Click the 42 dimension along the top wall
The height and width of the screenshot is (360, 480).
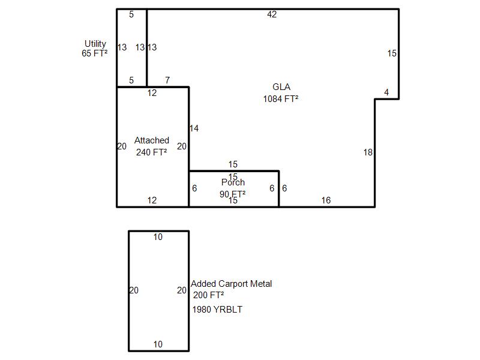pyautogui.click(x=272, y=14)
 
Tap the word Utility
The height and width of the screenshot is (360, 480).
pyautogui.click(x=95, y=44)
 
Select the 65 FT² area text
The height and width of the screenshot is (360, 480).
pyautogui.click(x=95, y=53)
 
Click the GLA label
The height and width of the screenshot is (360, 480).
pyautogui.click(x=281, y=87)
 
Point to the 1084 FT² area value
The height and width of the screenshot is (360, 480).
pyautogui.click(x=281, y=99)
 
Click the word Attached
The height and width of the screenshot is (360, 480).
pyautogui.click(x=152, y=140)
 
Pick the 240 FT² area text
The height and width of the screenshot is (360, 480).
pyautogui.click(x=152, y=152)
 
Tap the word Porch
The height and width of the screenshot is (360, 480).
pyautogui.click(x=233, y=182)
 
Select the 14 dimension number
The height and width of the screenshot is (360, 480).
pyautogui.click(x=194, y=128)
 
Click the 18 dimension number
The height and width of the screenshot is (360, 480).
pyautogui.click(x=368, y=152)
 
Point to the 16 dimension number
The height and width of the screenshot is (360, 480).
pyautogui.click(x=326, y=200)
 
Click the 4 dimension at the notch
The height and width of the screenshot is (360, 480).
pyautogui.click(x=386, y=92)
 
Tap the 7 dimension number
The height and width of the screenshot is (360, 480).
pyautogui.click(x=167, y=80)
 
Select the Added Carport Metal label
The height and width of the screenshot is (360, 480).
pyautogui.click(x=232, y=284)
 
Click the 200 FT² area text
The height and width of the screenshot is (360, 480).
pyautogui.click(x=208, y=295)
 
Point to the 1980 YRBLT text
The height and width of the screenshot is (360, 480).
pyautogui.click(x=217, y=310)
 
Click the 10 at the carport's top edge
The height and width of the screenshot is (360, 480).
pyautogui.click(x=158, y=237)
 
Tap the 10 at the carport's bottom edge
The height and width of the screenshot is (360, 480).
pyautogui.click(x=158, y=344)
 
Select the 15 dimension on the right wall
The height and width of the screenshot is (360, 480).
pyautogui.click(x=392, y=53)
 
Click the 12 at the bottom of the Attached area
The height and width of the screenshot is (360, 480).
pyautogui.click(x=152, y=200)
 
